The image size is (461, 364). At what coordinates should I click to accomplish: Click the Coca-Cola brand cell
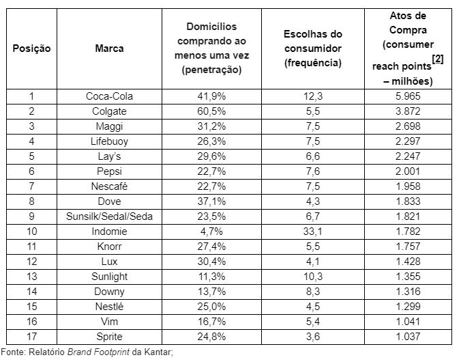(109, 96)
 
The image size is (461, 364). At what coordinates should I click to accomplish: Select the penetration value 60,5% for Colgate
(211, 111)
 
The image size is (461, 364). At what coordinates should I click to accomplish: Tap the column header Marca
(109, 48)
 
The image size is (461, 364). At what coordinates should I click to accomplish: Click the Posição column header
(31, 48)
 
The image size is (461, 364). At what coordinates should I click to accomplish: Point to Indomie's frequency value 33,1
(313, 232)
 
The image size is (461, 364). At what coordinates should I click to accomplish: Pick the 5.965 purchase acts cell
(408, 96)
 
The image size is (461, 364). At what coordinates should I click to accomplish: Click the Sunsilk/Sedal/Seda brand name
(109, 216)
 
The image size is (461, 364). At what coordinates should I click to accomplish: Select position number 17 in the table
(31, 337)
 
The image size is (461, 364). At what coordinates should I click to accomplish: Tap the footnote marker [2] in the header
(438, 59)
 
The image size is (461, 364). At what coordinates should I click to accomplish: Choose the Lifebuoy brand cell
(109, 141)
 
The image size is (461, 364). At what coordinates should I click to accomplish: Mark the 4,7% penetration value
(211, 232)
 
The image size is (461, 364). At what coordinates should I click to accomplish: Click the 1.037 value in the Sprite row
(408, 337)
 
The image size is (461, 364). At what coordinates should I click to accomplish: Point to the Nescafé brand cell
(109, 186)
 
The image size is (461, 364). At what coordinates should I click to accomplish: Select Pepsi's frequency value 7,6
(313, 171)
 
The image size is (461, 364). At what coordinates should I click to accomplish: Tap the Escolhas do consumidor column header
(313, 48)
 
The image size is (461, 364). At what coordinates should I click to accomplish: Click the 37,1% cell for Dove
(211, 201)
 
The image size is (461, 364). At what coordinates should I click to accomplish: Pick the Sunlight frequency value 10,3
(313, 277)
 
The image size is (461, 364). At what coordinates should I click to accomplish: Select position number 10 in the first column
(31, 232)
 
